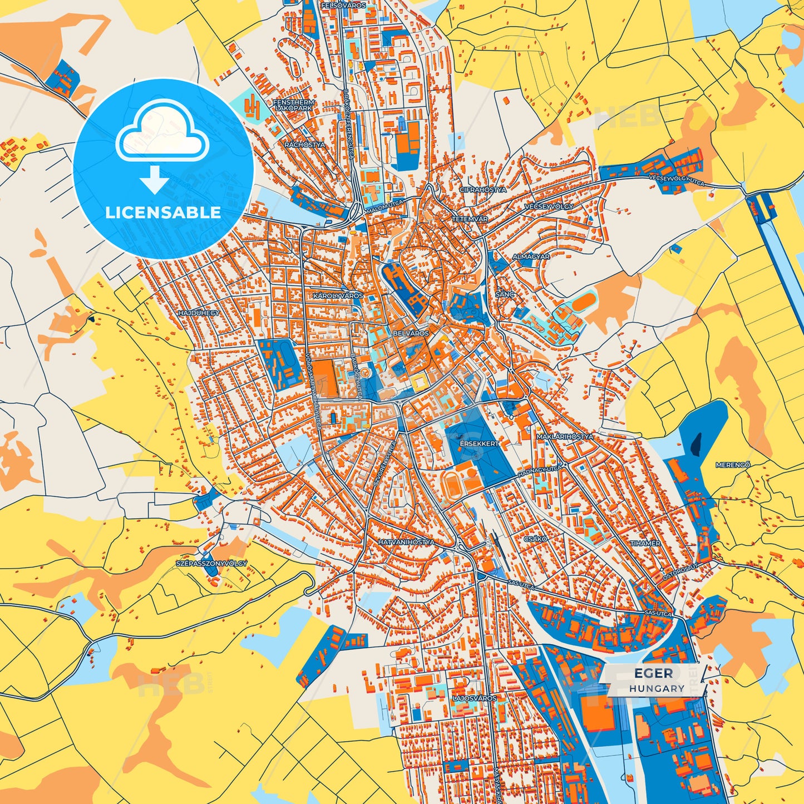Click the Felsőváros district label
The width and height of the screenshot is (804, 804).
tap(343, 5)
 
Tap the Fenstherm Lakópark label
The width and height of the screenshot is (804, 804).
tap(293, 105)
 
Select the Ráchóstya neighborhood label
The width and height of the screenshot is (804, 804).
tap(304, 145)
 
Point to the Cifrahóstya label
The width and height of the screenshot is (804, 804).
tap(483, 190)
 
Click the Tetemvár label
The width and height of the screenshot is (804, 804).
tap(470, 219)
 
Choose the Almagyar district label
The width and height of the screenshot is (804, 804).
tap(531, 257)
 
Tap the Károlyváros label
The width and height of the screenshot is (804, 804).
tap(338, 296)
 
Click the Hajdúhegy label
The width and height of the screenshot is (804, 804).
tap(199, 313)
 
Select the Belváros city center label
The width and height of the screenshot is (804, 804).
tap(411, 333)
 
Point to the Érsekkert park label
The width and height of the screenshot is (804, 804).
tap(479, 444)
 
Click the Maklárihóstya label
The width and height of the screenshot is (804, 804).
tap(564, 437)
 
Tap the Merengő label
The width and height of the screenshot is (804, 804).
tap(733, 465)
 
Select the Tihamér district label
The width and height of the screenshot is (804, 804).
tap(645, 543)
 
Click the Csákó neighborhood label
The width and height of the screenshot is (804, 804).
tap(535, 539)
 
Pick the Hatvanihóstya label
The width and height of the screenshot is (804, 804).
tap(406, 542)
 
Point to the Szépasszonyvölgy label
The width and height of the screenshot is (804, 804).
tap(211, 564)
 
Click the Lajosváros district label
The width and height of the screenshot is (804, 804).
tap(474, 698)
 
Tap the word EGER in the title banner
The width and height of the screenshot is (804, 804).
tap(653, 674)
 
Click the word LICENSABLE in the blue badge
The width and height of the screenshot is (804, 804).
tap(163, 213)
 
